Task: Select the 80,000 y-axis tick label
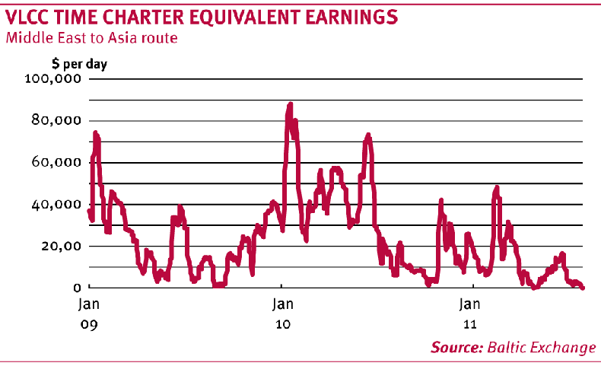click(56, 120)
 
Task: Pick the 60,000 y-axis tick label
click(56, 162)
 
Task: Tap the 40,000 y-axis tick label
click(56, 204)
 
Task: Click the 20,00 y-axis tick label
click(59, 246)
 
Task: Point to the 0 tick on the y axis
click(77, 288)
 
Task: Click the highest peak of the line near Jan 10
click(291, 104)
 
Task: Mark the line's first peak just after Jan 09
click(96, 133)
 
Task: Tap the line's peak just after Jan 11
click(497, 187)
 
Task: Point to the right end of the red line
click(583, 287)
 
